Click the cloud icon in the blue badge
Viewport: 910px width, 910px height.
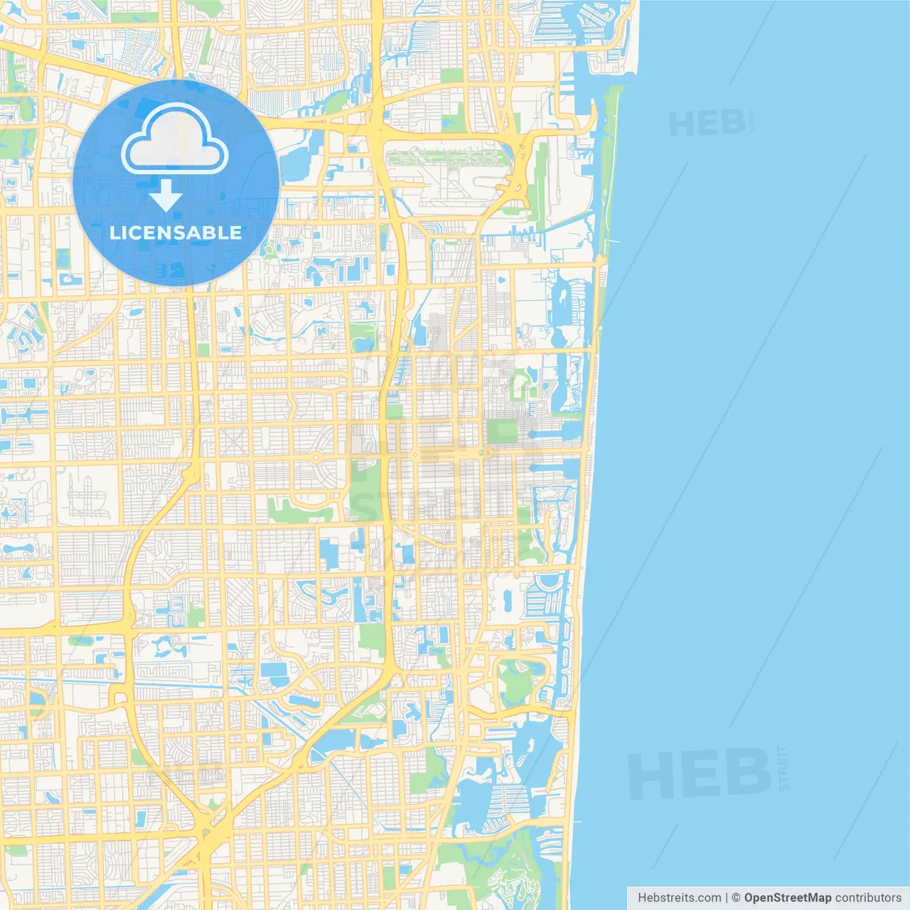[175, 139]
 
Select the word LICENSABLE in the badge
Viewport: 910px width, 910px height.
[176, 232]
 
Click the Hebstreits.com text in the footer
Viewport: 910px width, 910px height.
[679, 898]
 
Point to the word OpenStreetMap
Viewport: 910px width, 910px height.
[787, 898]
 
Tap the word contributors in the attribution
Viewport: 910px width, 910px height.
[867, 898]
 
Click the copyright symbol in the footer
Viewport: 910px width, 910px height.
[736, 898]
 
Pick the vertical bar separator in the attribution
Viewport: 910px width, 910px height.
[727, 898]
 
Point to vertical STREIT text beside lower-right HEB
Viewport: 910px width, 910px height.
[783, 768]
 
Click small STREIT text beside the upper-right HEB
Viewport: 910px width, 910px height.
[751, 122]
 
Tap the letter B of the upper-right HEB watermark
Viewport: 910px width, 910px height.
[732, 124]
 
